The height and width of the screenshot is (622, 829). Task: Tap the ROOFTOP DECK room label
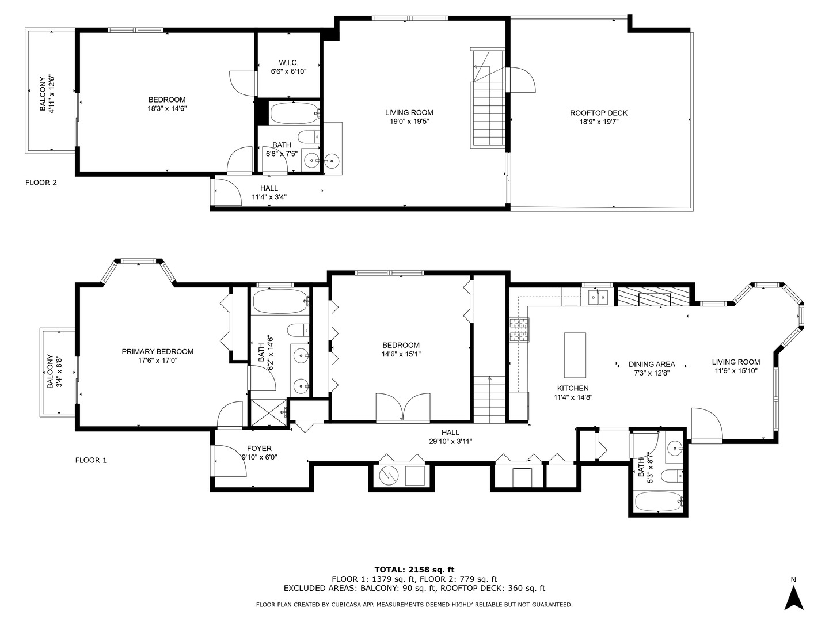tap(598, 113)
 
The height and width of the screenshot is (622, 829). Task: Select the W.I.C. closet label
tap(288, 63)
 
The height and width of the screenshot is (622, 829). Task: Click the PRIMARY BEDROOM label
tap(157, 351)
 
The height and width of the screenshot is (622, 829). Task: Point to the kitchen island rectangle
tap(575, 354)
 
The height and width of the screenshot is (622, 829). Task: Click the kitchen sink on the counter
tap(597, 297)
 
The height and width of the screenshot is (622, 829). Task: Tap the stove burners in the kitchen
tap(518, 331)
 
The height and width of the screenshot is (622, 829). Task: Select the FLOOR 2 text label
tap(41, 183)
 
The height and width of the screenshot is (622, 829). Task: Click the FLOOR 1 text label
tap(91, 460)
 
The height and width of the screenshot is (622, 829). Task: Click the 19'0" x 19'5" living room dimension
tap(409, 122)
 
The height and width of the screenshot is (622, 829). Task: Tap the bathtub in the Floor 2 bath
tap(294, 113)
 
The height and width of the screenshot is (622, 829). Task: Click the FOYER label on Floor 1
tap(259, 449)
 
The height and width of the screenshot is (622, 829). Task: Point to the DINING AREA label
tap(651, 364)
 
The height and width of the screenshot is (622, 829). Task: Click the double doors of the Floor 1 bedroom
tap(402, 408)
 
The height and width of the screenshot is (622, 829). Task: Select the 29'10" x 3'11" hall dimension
tap(450, 441)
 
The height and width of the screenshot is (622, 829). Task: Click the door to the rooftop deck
tap(521, 80)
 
